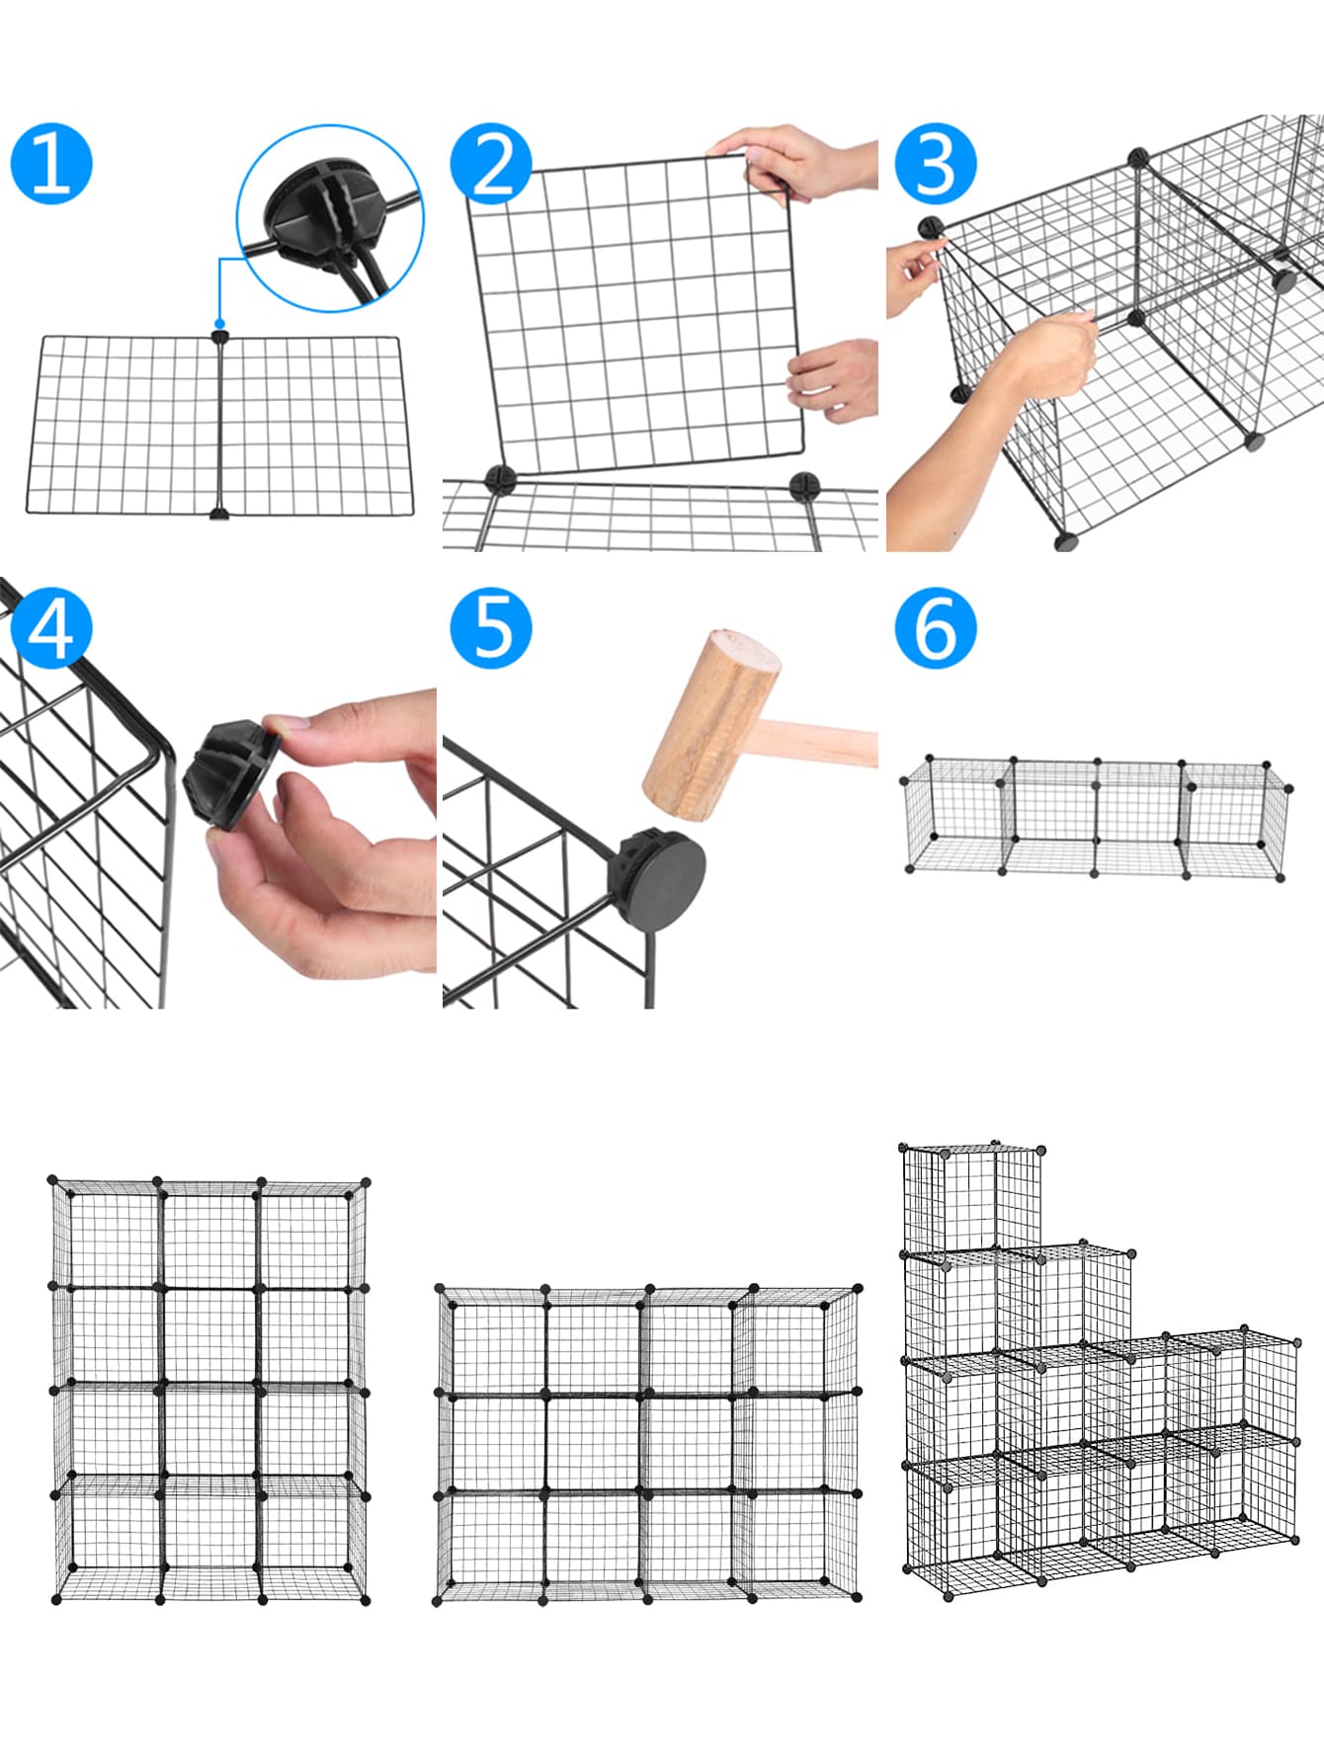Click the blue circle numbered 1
tap(51, 164)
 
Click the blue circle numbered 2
tap(491, 164)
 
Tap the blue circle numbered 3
tap(936, 164)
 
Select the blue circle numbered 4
tap(51, 628)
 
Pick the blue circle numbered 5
tap(491, 628)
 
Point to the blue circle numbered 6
tap(936, 628)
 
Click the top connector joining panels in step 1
tap(219, 337)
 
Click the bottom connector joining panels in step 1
tap(219, 513)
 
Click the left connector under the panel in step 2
tap(501, 480)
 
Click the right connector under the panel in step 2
tap(804, 485)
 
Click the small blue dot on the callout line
tap(219, 323)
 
